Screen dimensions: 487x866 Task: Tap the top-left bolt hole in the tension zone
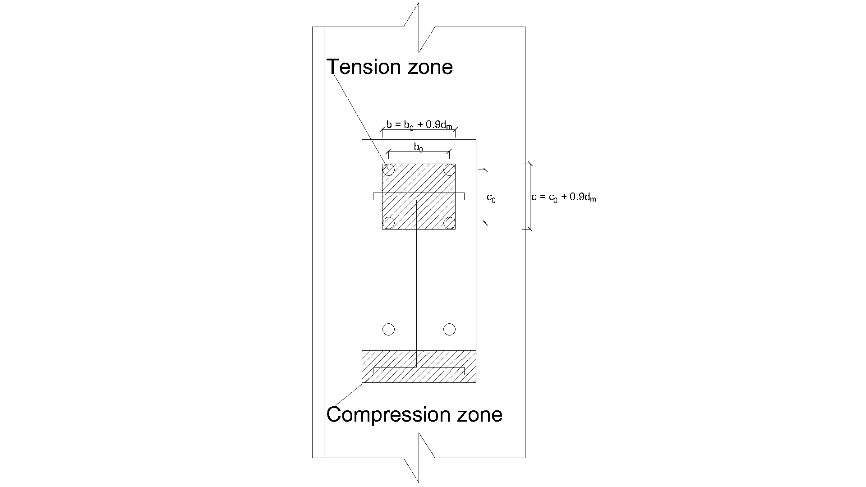pos(388,170)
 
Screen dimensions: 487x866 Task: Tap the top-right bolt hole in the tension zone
pos(449,170)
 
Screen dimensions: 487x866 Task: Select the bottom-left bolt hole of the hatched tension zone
pos(388,222)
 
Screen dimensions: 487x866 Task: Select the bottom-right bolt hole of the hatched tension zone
pos(449,222)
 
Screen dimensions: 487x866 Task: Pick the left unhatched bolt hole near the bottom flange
pos(388,330)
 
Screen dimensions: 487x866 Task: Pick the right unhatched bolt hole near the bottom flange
pos(449,330)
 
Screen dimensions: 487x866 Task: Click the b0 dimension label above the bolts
pos(419,147)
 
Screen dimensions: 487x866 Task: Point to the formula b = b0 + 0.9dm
pos(419,125)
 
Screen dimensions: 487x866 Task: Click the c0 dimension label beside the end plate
pos(491,198)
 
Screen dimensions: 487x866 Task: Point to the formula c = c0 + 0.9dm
pos(564,198)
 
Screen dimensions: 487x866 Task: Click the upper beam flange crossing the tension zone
pos(419,196)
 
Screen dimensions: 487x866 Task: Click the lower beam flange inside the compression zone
pos(419,371)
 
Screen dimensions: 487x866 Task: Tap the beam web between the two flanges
pos(419,280)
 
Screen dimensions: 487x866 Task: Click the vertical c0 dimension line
pos(485,196)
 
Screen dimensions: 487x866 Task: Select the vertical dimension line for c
pos(530,196)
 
